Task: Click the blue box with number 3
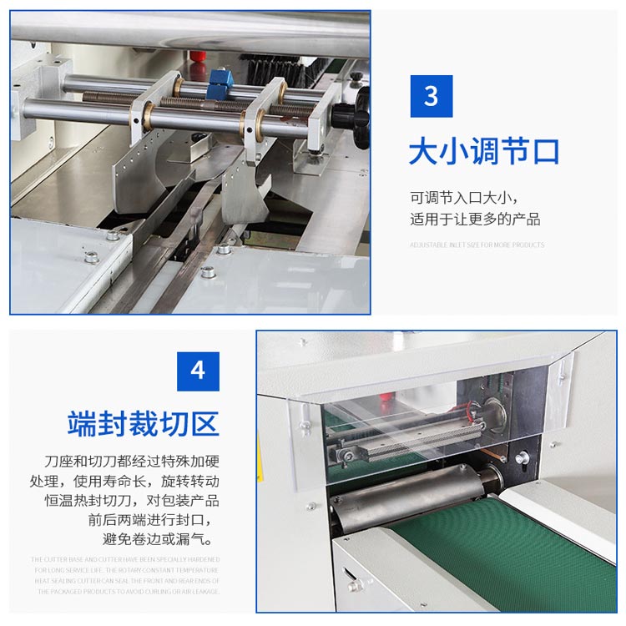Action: pyautogui.click(x=432, y=96)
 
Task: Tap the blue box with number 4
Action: pyautogui.click(x=198, y=371)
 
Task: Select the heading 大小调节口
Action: pyautogui.click(x=484, y=153)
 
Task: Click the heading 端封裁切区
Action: pyautogui.click(x=144, y=423)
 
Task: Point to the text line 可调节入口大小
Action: pyautogui.click(x=464, y=198)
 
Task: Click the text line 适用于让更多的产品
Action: pyautogui.click(x=475, y=220)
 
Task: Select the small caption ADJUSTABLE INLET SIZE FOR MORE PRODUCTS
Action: pyautogui.click(x=477, y=245)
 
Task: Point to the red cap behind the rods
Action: pyautogui.click(x=197, y=59)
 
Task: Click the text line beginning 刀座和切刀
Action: pyautogui.click(x=132, y=462)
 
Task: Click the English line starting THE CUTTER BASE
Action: pyautogui.click(x=126, y=559)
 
